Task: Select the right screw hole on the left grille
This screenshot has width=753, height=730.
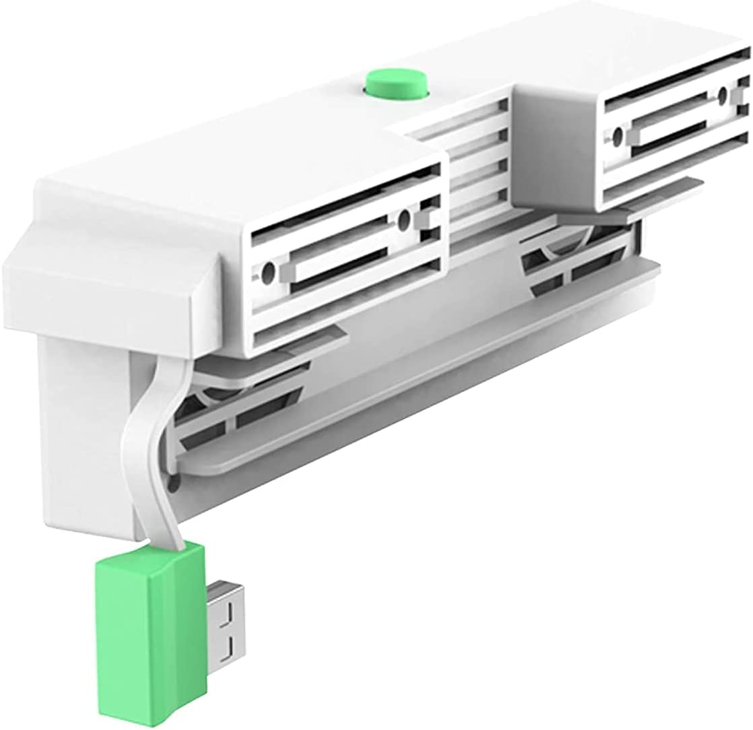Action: (404, 219)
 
